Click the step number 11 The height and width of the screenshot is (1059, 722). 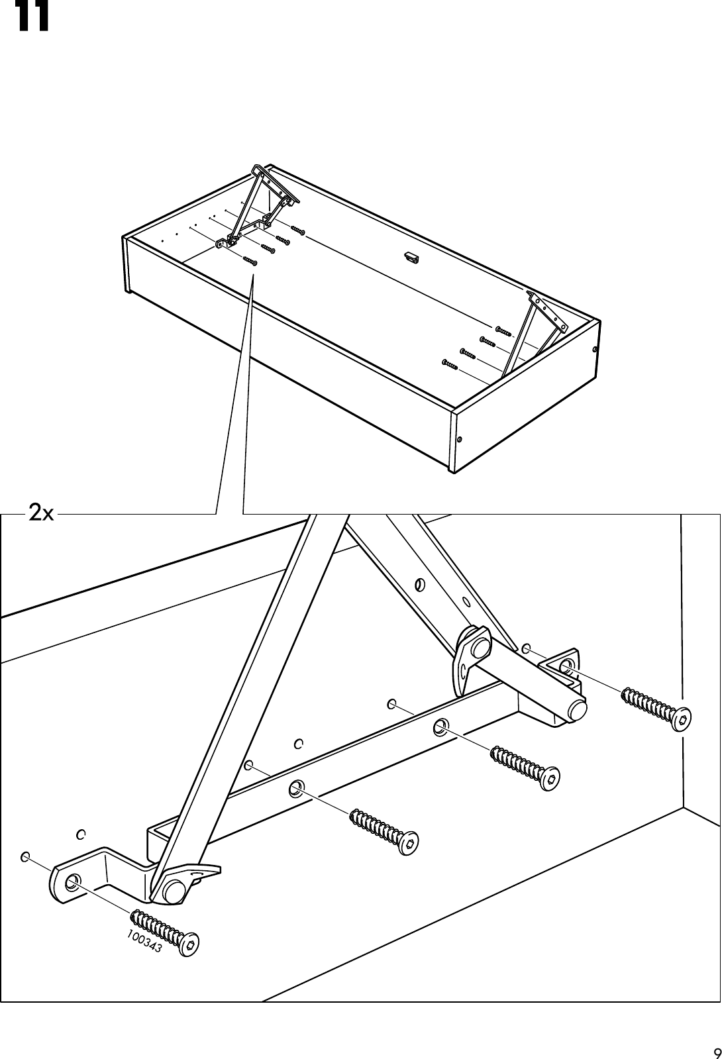(32, 18)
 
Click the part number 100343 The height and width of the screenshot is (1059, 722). (143, 941)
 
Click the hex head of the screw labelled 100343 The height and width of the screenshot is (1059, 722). (191, 944)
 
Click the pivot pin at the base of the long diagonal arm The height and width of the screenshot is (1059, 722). (174, 892)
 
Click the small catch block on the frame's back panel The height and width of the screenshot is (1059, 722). (412, 257)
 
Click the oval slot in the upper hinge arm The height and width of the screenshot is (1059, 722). (418, 585)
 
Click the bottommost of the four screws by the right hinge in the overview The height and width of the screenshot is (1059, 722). (450, 363)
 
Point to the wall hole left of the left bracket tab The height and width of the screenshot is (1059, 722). (25, 856)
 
